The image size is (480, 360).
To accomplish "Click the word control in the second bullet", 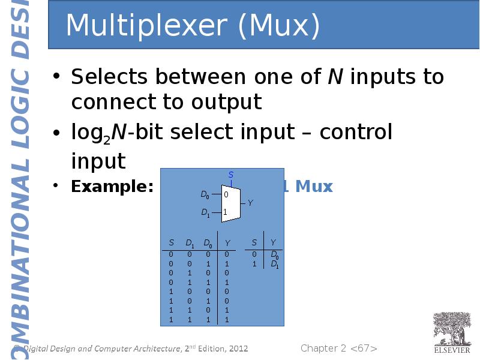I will point(356,131).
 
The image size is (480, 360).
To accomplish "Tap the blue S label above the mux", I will point(231,175).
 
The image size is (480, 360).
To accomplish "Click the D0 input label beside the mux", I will point(205,195).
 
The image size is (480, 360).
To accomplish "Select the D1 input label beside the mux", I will point(205,212).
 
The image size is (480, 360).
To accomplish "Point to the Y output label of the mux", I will point(250,203).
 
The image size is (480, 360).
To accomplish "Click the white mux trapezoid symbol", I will point(231,204).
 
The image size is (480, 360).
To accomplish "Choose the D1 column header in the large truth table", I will point(190,243).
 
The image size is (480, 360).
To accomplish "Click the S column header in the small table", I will point(254,242).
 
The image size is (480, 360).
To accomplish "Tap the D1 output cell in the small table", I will point(274,264).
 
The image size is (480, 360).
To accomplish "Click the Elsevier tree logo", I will point(452,328).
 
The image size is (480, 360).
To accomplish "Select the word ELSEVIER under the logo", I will point(452,350).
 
